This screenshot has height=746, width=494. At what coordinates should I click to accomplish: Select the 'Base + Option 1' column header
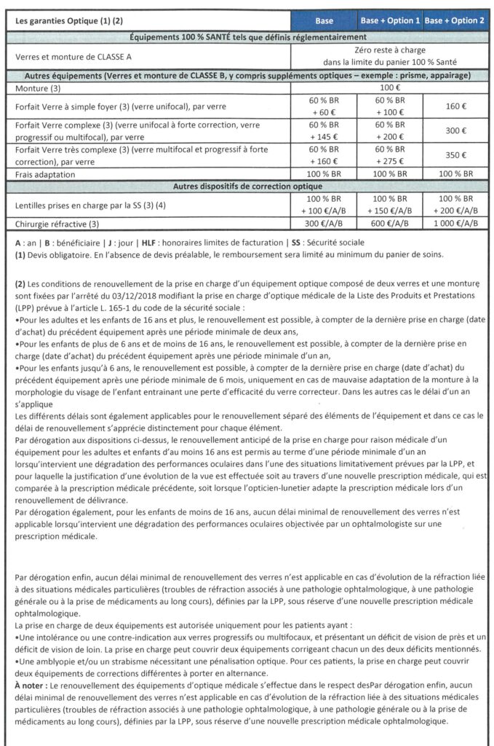[x=390, y=20]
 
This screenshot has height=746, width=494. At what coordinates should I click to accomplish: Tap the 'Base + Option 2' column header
[x=455, y=20]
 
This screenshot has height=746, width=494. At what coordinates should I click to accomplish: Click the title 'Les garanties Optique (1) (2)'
[x=65, y=20]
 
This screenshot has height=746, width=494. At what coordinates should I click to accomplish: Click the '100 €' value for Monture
[x=390, y=87]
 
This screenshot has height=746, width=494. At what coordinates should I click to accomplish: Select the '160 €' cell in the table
[x=455, y=106]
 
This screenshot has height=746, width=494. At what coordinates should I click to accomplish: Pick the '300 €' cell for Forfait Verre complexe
[x=455, y=131]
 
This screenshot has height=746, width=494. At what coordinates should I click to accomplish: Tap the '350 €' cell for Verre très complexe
[x=455, y=156]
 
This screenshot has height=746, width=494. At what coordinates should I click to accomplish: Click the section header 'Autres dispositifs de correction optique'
[x=247, y=186]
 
